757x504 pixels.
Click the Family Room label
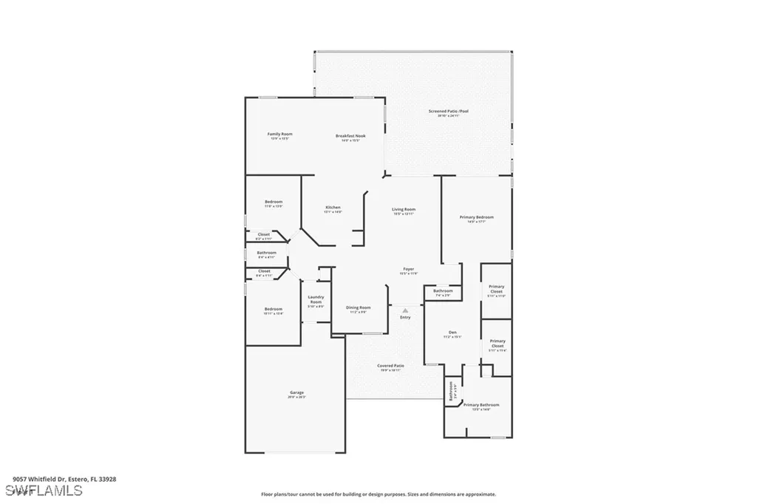pos(279,134)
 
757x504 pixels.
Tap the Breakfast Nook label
pos(350,136)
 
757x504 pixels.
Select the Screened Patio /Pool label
pos(448,112)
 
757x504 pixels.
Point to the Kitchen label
pos(332,208)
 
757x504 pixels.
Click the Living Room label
pos(404,210)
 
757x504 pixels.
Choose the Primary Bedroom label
pos(476,217)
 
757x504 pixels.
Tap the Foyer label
pos(408,269)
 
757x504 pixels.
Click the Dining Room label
pos(359,308)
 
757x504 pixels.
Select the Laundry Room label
pos(316,299)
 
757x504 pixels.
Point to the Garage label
pos(296,393)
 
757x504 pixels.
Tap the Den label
pos(452,333)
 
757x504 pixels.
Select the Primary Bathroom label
pos(481,405)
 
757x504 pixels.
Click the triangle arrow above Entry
pos(405,311)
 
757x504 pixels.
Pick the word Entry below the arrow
pos(405,318)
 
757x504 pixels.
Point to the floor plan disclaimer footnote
pos(378,494)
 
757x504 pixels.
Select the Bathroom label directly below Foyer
pos(443,291)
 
